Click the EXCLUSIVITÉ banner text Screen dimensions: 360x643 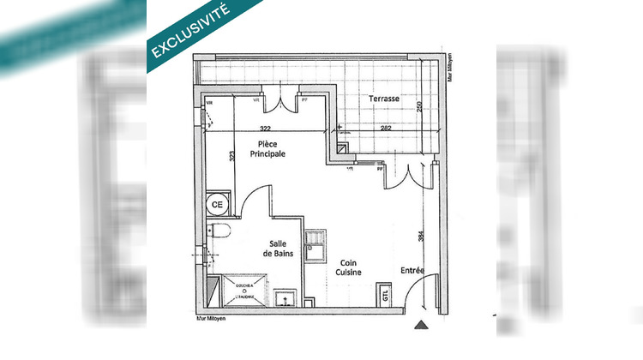pos(190,33)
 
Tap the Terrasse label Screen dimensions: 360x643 pos(383,99)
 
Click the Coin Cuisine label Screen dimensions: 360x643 pos(348,267)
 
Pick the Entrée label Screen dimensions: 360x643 pos(412,271)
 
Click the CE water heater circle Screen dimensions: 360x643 pos(217,205)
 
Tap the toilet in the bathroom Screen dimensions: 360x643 pos(219,231)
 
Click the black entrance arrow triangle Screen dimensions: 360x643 pos(419,325)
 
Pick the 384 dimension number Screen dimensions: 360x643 pos(421,237)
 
